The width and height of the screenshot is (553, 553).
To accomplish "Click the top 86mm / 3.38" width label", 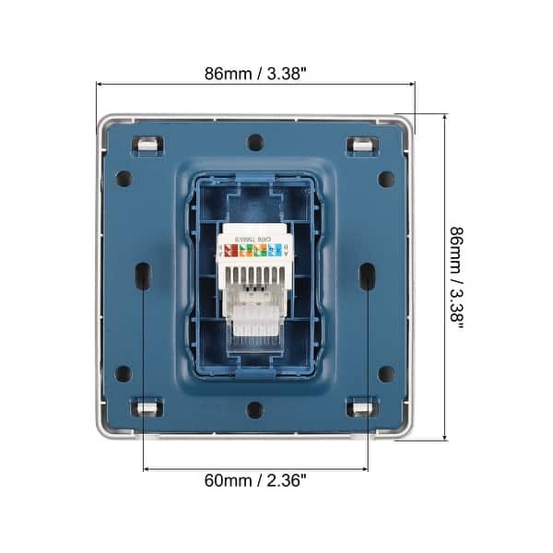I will point(255,75).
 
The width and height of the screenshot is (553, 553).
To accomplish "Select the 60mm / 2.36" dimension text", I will point(255,479).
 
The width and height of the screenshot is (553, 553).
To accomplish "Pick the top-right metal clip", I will point(361,145).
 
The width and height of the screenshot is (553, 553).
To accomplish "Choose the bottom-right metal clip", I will point(361,406).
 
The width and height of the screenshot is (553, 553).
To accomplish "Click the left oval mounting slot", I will point(143,275).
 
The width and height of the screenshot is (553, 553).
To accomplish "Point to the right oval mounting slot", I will point(367,275).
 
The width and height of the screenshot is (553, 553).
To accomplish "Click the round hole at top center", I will point(255,143).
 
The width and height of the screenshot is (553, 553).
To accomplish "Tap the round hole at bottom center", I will point(255,409).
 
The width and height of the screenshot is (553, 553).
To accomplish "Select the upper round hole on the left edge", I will point(124,179).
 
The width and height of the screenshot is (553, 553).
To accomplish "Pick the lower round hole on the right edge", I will point(386,373).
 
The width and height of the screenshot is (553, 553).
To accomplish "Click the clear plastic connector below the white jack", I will point(254,318).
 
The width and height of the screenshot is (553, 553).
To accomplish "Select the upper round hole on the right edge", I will point(386,179).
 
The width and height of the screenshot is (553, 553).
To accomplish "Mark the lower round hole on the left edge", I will point(124,373).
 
